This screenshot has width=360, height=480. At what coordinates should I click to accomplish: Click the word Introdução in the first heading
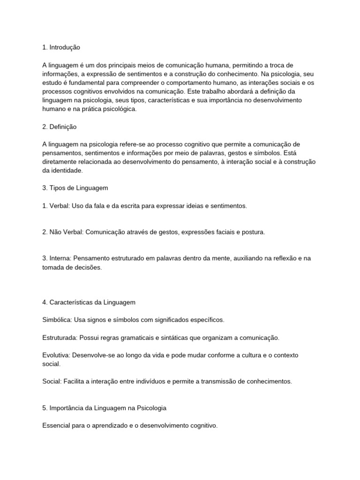click(65, 47)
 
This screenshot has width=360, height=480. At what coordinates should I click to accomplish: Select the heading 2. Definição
click(59, 127)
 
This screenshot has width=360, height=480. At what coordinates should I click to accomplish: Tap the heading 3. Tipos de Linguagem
click(75, 188)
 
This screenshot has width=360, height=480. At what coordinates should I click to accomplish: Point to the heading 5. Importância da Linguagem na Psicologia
click(104, 408)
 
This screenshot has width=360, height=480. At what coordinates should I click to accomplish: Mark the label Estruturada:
click(60, 337)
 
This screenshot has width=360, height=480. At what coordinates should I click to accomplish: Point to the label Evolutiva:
click(57, 355)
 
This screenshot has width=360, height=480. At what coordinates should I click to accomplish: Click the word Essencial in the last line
click(56, 426)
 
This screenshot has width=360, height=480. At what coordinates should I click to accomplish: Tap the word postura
click(253, 232)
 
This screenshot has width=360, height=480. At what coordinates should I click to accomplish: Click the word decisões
click(88, 268)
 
